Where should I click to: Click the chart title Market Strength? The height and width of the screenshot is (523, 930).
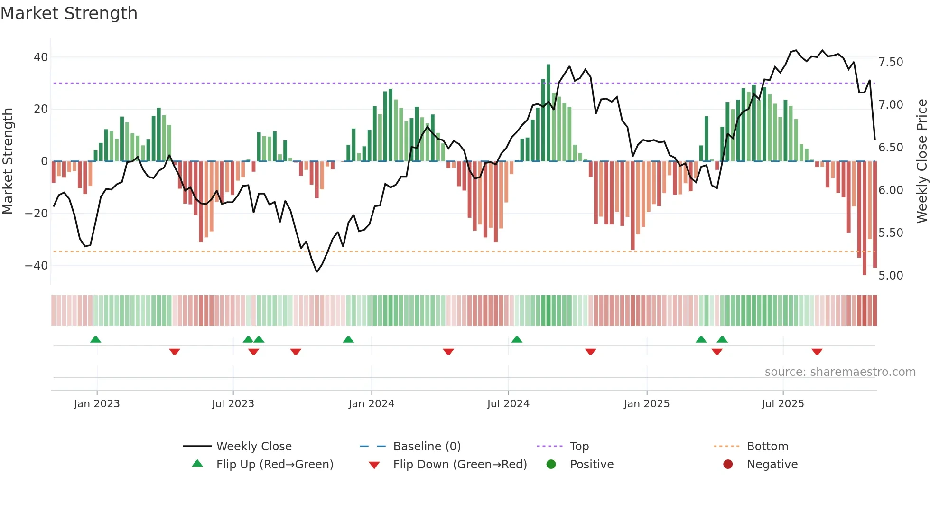69,13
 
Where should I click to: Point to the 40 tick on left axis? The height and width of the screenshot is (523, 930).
41,57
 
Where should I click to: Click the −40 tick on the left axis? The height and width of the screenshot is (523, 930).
37,266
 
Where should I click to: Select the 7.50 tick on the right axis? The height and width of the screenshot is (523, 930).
891,62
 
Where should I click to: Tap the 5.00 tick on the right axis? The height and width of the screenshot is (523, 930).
891,276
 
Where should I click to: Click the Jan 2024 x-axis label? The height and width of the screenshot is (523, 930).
371,404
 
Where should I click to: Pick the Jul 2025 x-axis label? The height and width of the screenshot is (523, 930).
782,404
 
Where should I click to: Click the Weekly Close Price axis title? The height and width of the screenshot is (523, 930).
921,161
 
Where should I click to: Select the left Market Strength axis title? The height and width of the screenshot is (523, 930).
8,161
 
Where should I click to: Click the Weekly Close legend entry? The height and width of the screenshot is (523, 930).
254,447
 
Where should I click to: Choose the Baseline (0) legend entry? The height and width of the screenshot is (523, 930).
427,447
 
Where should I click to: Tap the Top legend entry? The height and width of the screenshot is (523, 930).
579,447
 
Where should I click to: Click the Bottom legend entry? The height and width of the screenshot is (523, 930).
767,447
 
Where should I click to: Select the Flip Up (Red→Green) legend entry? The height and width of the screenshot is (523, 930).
275,465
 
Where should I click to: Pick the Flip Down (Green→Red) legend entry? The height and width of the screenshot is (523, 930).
460,465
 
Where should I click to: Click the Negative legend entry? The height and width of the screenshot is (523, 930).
772,465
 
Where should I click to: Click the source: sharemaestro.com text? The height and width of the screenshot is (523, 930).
840,372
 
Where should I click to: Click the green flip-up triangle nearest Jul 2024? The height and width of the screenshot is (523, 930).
517,339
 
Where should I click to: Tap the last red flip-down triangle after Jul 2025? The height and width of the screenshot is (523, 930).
817,352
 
